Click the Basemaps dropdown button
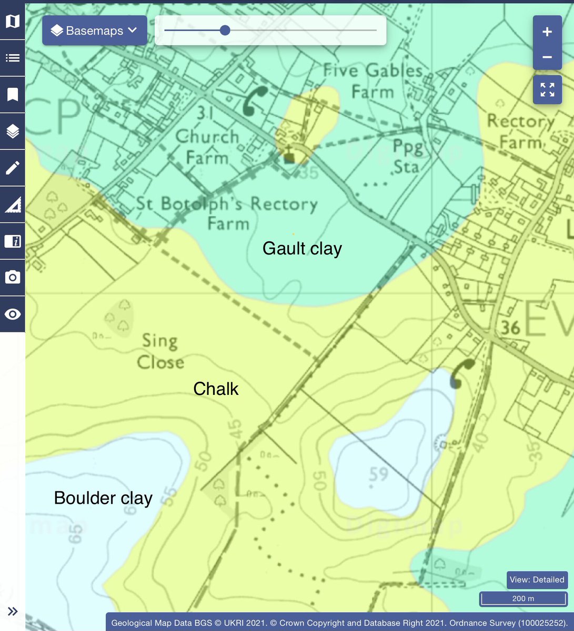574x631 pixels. (94, 30)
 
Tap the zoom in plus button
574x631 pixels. (547, 32)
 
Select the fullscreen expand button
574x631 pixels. (547, 90)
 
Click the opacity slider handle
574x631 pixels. (225, 30)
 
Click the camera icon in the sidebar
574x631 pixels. (13, 278)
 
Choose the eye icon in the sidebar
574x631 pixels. (13, 314)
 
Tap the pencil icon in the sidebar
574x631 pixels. (13, 168)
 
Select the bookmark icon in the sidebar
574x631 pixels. (13, 95)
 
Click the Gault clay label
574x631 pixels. (302, 248)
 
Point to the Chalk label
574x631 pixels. (216, 389)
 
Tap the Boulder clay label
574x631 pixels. (103, 498)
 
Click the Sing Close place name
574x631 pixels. (160, 351)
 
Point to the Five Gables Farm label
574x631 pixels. (373, 80)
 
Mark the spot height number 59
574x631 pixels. (378, 474)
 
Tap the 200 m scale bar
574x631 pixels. (523, 598)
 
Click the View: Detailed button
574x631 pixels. (537, 579)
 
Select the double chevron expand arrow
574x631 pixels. (13, 611)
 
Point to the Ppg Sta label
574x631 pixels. (407, 156)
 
